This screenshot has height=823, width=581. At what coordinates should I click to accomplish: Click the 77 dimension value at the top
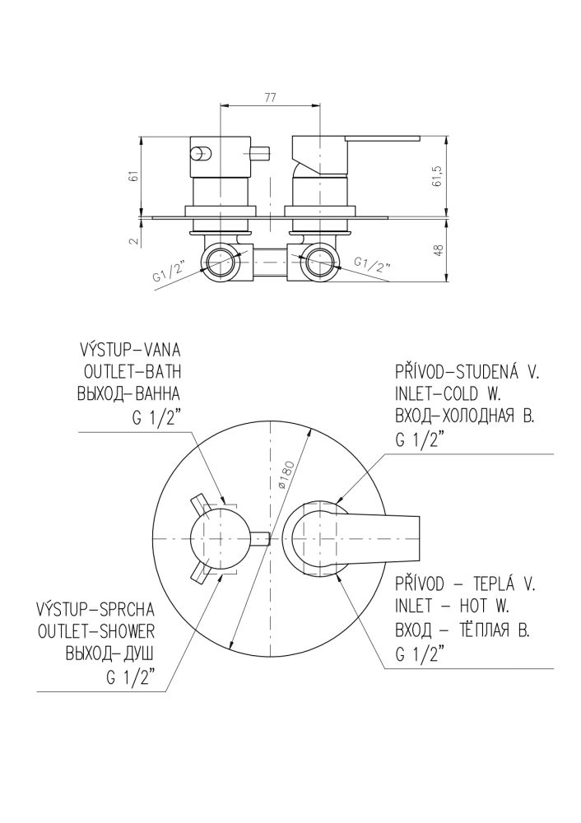pyautogui.click(x=270, y=98)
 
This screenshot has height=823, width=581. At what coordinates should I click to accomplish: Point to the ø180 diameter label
pyautogui.click(x=286, y=477)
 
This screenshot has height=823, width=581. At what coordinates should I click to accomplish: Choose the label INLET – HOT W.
pyautogui.click(x=453, y=607)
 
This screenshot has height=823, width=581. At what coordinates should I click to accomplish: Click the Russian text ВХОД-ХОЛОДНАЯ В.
pyautogui.click(x=464, y=417)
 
